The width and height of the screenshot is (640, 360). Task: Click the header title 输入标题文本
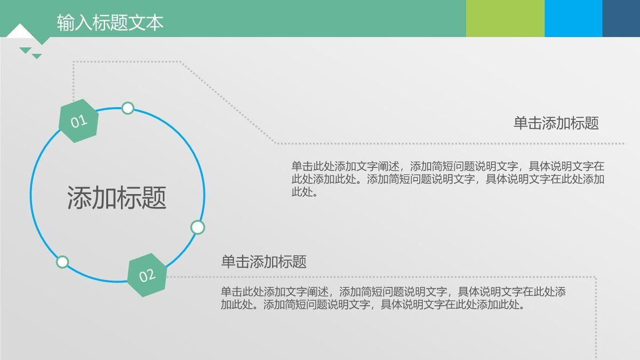[x=110, y=22]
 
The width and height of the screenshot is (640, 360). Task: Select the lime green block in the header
[x=505, y=18]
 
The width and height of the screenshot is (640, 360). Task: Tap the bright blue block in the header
[x=573, y=18]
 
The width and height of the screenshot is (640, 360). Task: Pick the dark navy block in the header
[x=621, y=18]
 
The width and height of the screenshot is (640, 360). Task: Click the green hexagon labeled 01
[x=79, y=121]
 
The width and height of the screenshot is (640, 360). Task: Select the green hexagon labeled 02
[x=147, y=275]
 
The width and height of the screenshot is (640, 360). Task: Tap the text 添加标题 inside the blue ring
[x=117, y=197]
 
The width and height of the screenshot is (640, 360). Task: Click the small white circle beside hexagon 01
[x=127, y=108]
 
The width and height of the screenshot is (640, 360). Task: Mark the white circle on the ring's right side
[x=198, y=228]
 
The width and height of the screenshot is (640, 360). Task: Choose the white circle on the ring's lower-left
[x=62, y=262]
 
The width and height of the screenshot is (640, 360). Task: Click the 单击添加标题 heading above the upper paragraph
[x=556, y=123]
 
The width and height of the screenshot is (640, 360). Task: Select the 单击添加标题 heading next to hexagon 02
[x=264, y=262]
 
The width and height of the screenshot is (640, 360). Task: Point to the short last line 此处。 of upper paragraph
[x=305, y=192]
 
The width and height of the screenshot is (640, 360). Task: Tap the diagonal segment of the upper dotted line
[x=228, y=102]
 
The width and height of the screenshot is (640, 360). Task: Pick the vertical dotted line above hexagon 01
[x=73, y=80]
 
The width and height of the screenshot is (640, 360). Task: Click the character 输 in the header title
[x=65, y=22]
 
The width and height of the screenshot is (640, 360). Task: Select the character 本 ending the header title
[x=156, y=22]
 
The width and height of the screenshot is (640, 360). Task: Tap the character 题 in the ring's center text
[x=154, y=197]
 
